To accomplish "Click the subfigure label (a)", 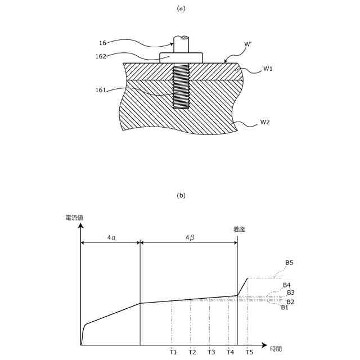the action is [181, 8].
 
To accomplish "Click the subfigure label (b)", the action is [181, 196].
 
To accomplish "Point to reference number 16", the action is [102, 43].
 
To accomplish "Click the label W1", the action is [268, 69].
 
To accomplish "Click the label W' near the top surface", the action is [249, 44].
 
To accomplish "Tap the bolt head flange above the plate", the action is [181, 57].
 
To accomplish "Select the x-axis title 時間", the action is [276, 349].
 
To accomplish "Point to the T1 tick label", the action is [173, 352].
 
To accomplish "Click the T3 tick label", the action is [211, 352].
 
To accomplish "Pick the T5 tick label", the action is [249, 352].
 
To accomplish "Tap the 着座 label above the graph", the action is [239, 229].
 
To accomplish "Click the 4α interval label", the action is [111, 238].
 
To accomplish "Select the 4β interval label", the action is [190, 238].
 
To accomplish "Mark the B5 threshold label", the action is [289, 263].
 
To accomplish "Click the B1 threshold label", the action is [285, 307].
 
